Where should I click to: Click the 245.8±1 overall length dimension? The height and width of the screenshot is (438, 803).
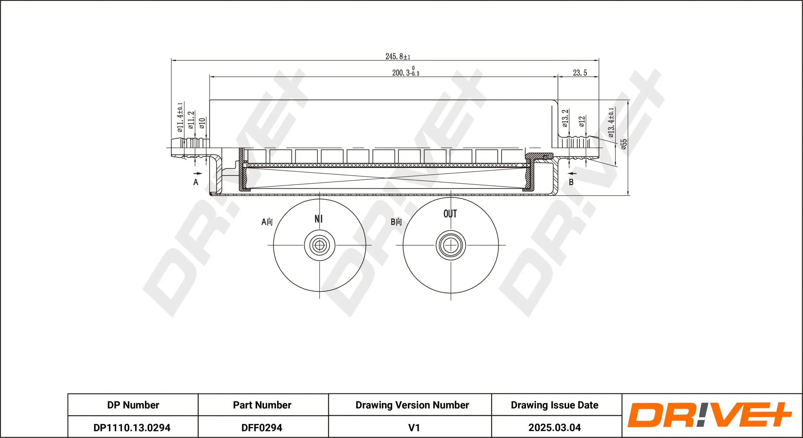pyautogui.click(x=398, y=57)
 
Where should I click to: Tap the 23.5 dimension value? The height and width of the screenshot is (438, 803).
pyautogui.click(x=580, y=73)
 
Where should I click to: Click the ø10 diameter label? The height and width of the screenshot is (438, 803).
pyautogui.click(x=202, y=123)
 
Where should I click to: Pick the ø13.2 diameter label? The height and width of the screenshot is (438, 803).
pyautogui.click(x=565, y=118)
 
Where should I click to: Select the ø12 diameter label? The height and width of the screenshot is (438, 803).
pyautogui.click(x=582, y=121)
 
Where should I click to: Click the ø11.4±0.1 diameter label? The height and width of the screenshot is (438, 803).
pyautogui.click(x=180, y=117)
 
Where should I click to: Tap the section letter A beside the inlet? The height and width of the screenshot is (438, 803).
pyautogui.click(x=196, y=182)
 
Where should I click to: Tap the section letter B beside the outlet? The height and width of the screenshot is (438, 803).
pyautogui.click(x=571, y=182)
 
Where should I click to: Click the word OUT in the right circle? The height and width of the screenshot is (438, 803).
pyautogui.click(x=450, y=214)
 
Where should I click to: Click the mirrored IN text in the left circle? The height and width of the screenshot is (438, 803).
pyautogui.click(x=318, y=219)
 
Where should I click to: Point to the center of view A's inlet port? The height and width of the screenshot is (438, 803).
pyautogui.click(x=319, y=246)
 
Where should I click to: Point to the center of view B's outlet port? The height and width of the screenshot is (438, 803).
pyautogui.click(x=451, y=246)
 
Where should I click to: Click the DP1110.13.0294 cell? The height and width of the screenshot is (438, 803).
pyautogui.click(x=132, y=427)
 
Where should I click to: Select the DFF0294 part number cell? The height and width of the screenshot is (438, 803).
pyautogui.click(x=262, y=427)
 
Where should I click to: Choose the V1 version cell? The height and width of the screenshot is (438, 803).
pyautogui.click(x=414, y=427)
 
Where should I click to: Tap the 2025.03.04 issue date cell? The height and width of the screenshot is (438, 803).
pyautogui.click(x=554, y=427)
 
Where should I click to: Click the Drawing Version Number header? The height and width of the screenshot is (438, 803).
pyautogui.click(x=412, y=405)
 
